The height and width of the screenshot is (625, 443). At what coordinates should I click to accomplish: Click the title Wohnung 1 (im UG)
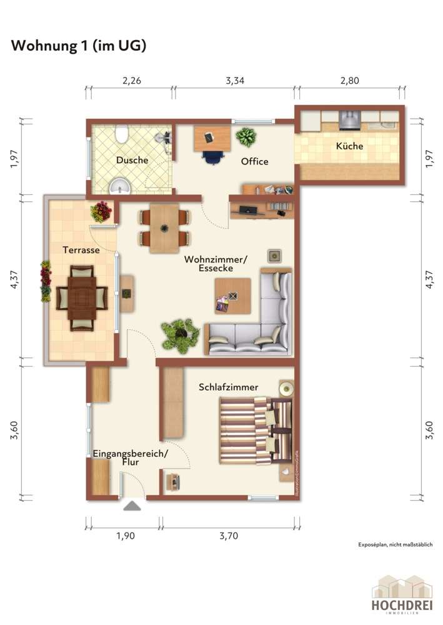(78, 46)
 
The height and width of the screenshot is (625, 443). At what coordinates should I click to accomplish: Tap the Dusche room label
(132, 160)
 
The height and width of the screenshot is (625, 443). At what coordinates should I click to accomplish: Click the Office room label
(254, 161)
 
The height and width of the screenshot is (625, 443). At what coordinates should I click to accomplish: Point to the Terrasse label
(81, 249)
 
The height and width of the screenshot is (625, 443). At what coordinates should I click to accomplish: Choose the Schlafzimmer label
(228, 387)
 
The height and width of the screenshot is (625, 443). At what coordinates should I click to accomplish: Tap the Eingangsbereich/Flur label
(129, 457)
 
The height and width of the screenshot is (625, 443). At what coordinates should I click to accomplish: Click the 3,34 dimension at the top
(234, 80)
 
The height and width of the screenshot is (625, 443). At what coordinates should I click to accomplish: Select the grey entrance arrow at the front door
(132, 506)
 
